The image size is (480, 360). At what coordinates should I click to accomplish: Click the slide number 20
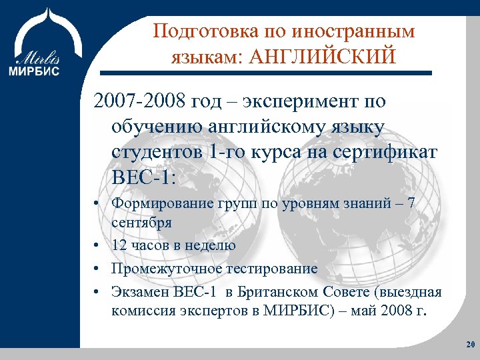pyautogui.click(x=468, y=345)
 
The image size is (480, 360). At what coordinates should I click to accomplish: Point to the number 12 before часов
pyautogui.click(x=120, y=245)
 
